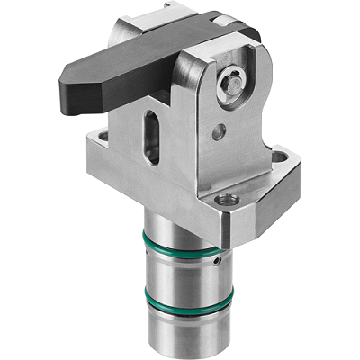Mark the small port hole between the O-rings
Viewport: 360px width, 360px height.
tap(219, 262)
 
